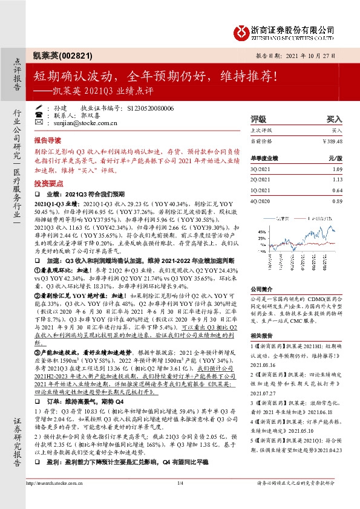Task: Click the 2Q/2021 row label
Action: [x=260, y=179]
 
